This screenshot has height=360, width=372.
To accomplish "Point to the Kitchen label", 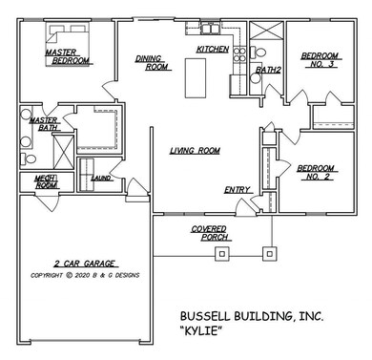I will (212, 49).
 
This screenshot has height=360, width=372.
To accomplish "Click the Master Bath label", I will (43, 125).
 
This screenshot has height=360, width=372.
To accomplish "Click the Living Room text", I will (196, 151).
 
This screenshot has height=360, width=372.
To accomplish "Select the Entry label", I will (237, 190).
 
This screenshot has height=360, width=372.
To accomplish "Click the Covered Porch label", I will (209, 233).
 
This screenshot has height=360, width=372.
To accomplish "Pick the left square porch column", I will (223, 254).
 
